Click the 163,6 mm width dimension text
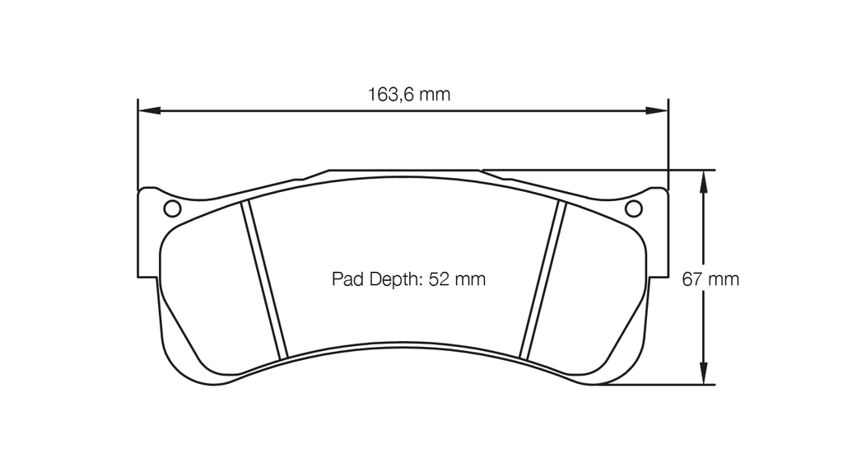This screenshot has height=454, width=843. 408,94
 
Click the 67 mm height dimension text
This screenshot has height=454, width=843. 710,279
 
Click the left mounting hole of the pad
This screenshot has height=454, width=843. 172,208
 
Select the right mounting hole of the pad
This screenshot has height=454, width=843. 633,208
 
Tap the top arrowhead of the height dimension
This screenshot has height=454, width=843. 701,180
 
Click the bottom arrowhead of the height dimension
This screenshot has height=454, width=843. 701,374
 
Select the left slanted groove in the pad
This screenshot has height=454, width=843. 263,280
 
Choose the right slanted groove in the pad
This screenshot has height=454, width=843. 545,280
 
